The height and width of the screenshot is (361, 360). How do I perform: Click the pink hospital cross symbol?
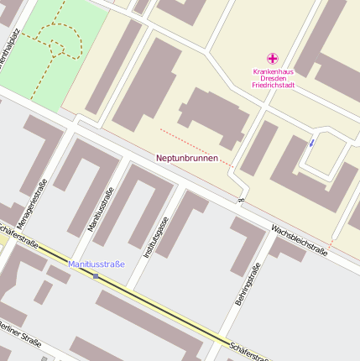(272, 59)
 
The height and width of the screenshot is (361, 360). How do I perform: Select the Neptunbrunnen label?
(187, 158)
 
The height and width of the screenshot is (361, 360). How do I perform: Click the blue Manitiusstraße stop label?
(97, 264)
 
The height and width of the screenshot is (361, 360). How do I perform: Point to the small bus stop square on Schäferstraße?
(96, 275)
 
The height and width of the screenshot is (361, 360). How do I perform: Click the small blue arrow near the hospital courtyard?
(311, 142)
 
